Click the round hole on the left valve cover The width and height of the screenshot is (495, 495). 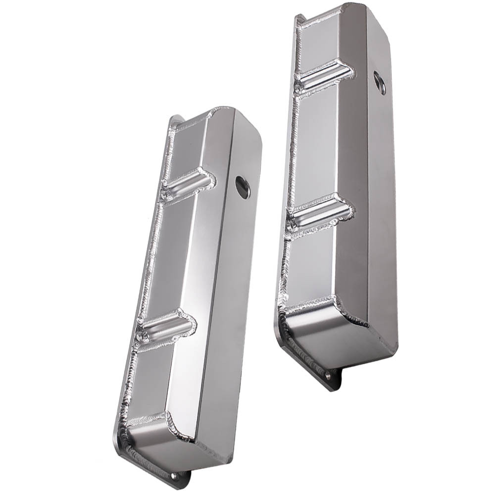pyautogui.click(x=243, y=187)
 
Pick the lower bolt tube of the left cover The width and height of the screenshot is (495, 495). pyautogui.click(x=167, y=328)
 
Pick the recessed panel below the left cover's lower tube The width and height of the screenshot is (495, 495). pyautogui.click(x=151, y=384)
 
